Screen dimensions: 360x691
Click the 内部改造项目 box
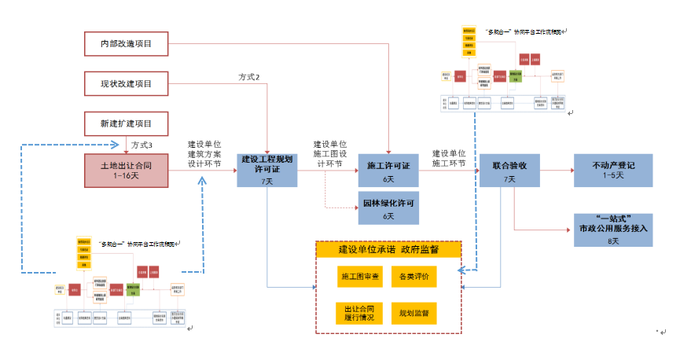127,44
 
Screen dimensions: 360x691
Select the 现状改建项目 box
127,83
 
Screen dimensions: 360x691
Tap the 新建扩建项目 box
127,123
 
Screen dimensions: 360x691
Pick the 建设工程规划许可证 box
267,170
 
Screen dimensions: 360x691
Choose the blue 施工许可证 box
388,171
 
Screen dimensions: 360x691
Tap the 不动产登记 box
613,170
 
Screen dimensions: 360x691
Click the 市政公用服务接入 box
613,229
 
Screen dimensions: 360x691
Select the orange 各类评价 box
413,277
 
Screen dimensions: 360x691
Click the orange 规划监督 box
413,314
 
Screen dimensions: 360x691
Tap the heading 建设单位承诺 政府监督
388,250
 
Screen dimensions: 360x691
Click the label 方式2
249,76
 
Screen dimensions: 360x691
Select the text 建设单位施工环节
449,159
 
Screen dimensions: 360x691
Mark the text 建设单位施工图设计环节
330,154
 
